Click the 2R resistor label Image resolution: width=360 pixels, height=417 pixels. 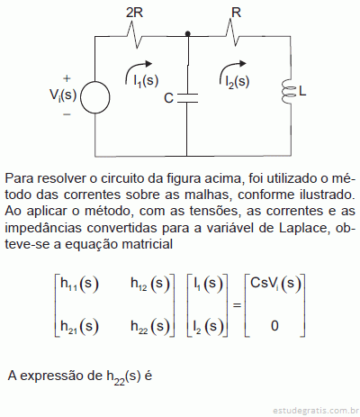[134, 13]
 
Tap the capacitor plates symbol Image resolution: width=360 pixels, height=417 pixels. [187, 98]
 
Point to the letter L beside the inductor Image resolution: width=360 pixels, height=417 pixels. [302, 91]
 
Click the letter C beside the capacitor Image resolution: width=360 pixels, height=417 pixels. [168, 98]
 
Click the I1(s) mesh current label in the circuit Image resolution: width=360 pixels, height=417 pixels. [146, 81]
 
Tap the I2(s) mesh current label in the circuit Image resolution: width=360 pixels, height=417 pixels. [238, 81]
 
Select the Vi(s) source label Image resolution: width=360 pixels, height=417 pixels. [63, 95]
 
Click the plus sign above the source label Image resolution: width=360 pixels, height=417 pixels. [67, 78]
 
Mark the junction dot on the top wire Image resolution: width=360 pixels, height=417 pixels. [188, 33]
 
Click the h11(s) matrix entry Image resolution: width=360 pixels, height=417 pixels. [79, 284]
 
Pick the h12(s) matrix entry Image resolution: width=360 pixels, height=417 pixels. [150, 284]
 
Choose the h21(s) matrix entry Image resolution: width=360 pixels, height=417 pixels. [79, 326]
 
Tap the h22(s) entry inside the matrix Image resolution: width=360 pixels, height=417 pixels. [150, 326]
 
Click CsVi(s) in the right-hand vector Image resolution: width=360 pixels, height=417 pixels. [275, 284]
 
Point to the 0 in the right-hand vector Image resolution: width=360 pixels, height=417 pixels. [274, 326]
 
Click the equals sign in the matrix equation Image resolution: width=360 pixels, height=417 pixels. [237, 305]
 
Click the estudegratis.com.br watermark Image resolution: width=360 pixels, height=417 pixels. [315, 410]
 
